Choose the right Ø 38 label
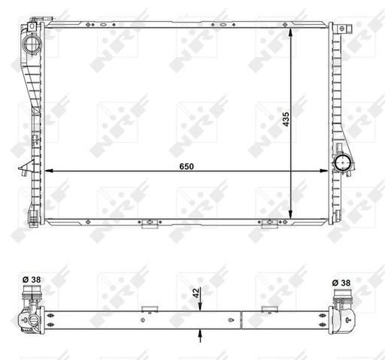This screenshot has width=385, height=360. point(342,283)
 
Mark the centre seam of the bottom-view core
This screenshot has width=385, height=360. point(241,319)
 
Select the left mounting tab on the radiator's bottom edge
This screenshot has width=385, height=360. point(150,222)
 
